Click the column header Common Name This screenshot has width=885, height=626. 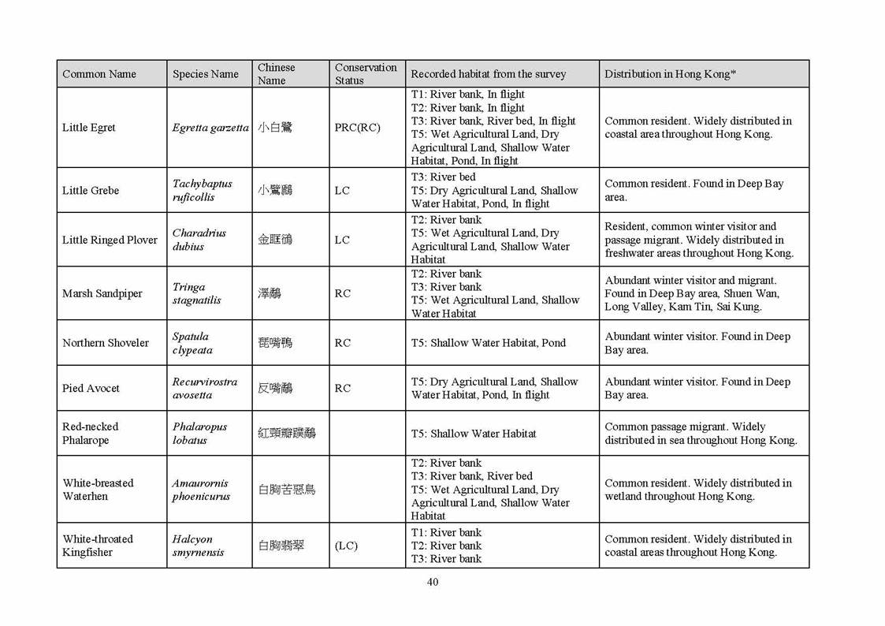click(x=99, y=74)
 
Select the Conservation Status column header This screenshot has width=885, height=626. click(x=366, y=74)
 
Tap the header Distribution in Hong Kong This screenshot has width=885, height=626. click(x=670, y=74)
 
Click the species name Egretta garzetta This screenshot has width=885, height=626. click(x=210, y=128)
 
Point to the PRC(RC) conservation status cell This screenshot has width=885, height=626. click(x=358, y=128)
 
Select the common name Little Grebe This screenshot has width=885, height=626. click(x=91, y=190)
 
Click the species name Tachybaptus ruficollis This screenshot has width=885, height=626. click(x=203, y=190)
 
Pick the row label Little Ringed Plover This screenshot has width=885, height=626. click(x=110, y=240)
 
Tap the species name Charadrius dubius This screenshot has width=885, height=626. click(x=199, y=240)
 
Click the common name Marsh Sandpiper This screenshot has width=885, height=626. click(x=102, y=293)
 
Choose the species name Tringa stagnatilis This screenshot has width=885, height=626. click(x=197, y=293)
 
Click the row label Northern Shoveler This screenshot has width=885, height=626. click(x=106, y=343)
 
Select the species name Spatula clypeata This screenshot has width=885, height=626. click(x=192, y=343)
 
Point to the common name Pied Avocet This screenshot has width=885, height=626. click(x=91, y=388)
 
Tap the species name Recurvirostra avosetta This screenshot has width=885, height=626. click(x=205, y=388)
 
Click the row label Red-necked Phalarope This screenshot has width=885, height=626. click(x=90, y=434)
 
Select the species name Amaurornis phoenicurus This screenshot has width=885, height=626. click(x=202, y=490)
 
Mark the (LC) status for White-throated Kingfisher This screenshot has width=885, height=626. click(x=346, y=546)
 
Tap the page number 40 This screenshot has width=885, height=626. click(x=433, y=583)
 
